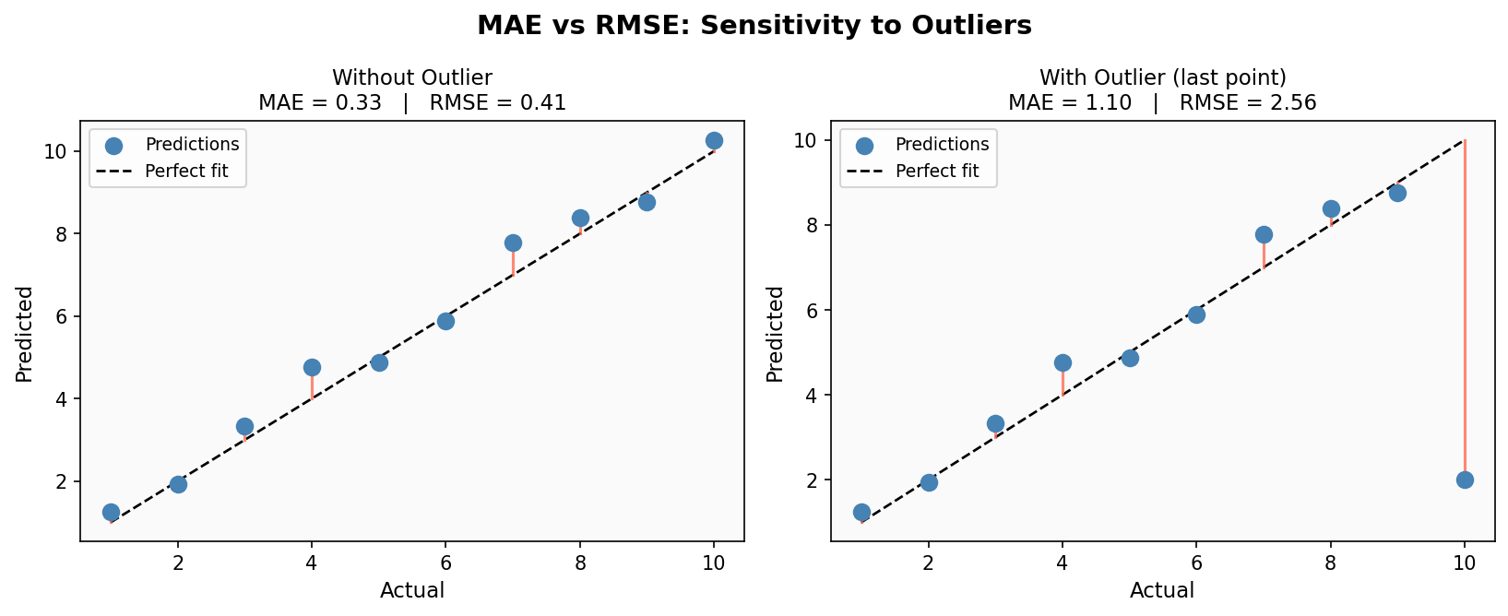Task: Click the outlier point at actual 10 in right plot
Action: click(1465, 480)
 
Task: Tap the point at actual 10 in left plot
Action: click(714, 141)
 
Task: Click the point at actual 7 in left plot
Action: click(513, 243)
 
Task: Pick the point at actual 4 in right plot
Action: click(1063, 362)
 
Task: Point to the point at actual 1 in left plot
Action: click(111, 512)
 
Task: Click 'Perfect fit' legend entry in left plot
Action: click(186, 171)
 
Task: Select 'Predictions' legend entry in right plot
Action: click(942, 145)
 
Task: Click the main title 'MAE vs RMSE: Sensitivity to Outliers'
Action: click(754, 26)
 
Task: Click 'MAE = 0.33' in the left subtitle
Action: click(319, 102)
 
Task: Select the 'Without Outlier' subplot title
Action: click(411, 77)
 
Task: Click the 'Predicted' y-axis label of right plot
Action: click(776, 334)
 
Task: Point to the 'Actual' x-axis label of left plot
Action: click(411, 590)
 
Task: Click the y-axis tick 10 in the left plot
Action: click(56, 151)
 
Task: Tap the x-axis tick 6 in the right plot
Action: click(1196, 562)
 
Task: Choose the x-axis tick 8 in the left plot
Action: click(579, 562)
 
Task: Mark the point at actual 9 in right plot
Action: click(1397, 193)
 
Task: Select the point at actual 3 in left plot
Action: click(244, 426)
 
